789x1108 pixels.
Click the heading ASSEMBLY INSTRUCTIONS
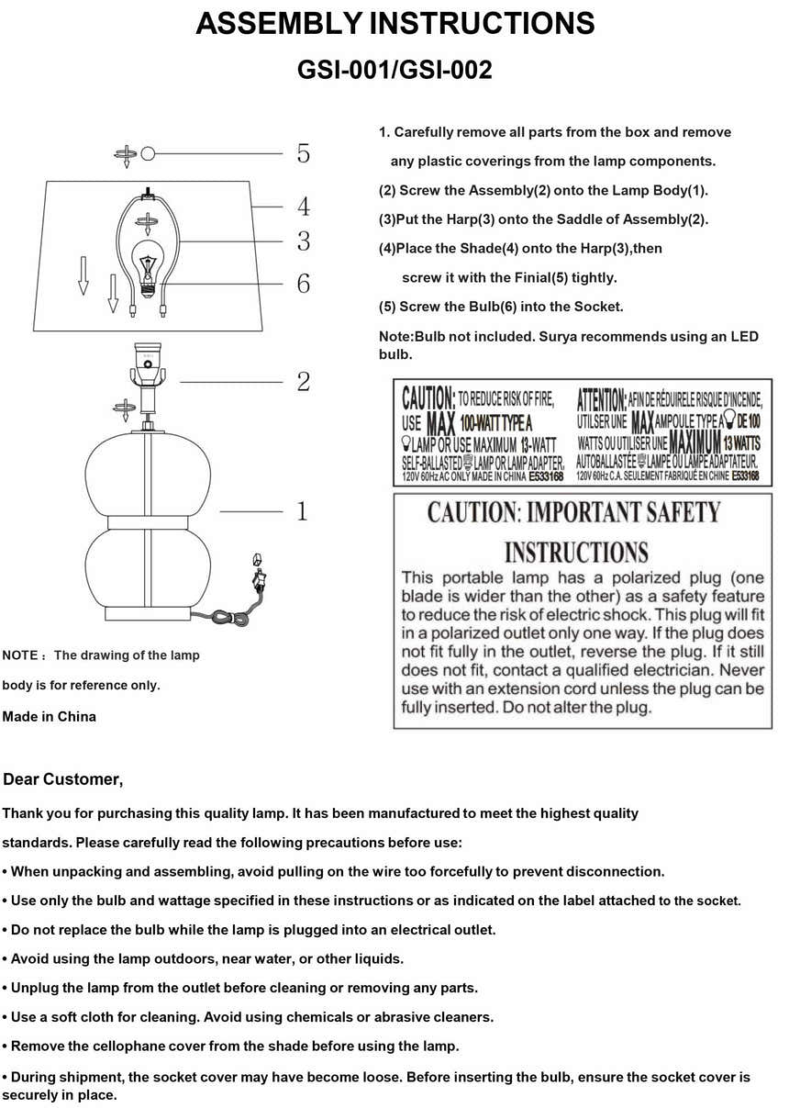(x=394, y=25)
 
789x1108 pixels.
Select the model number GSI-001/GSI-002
(x=394, y=70)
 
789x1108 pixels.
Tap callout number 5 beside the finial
(x=304, y=153)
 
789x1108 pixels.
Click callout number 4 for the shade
(x=304, y=207)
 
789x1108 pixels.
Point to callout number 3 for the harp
(x=304, y=241)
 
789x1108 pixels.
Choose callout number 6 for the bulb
(x=304, y=284)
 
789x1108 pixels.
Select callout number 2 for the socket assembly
(x=304, y=381)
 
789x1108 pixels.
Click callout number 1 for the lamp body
(x=304, y=511)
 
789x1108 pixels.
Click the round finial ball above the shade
(x=149, y=153)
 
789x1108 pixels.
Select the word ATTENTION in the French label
(x=601, y=398)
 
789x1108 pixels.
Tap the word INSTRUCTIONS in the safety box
(x=576, y=553)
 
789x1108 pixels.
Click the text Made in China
(x=50, y=716)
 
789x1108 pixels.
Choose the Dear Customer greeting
(x=63, y=779)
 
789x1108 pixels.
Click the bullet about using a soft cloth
(x=248, y=1016)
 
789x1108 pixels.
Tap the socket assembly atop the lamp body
(x=147, y=372)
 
